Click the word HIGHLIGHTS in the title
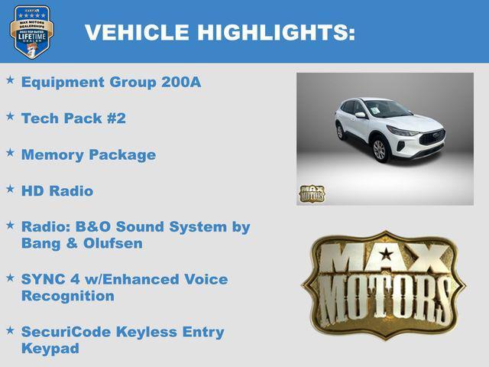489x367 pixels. pos(276,32)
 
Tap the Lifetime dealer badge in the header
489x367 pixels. pos(31,31)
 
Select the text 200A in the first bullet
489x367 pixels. pos(181,83)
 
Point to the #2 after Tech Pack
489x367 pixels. pos(117,119)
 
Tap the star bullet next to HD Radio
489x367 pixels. pos(10,188)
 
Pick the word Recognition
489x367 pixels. pos(68,296)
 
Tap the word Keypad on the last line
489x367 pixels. pos(50,349)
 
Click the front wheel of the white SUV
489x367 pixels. pos(380,149)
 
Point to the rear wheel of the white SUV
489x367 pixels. pos(341,132)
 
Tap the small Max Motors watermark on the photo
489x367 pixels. pos(312,193)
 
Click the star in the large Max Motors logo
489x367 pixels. pos(387,254)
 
